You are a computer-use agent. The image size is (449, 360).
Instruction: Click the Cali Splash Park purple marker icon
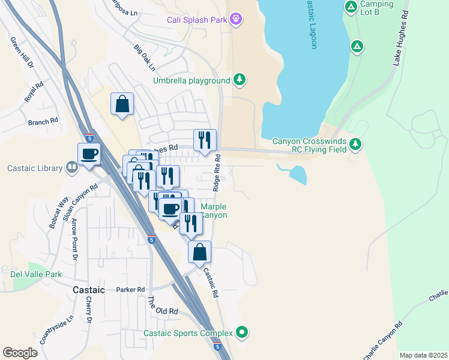point(237,20)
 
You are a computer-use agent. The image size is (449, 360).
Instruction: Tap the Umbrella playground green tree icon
point(240,80)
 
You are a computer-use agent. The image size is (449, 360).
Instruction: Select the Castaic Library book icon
point(72,168)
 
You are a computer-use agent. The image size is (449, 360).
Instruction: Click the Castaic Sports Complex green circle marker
point(242,332)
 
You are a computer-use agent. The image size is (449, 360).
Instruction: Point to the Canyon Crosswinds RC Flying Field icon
point(356,143)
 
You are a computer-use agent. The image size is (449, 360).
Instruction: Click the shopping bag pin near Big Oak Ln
point(122,104)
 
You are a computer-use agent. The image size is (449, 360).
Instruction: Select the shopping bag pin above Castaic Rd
point(200,251)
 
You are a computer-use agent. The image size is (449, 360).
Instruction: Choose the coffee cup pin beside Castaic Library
point(89,154)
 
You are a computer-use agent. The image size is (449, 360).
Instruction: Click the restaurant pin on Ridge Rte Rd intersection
point(205,140)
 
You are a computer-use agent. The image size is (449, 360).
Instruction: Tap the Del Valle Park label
point(36,274)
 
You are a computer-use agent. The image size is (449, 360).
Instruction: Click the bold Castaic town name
point(89,290)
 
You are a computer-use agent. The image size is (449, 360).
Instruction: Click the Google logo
point(20,353)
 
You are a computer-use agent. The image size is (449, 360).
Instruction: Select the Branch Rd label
point(43,121)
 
